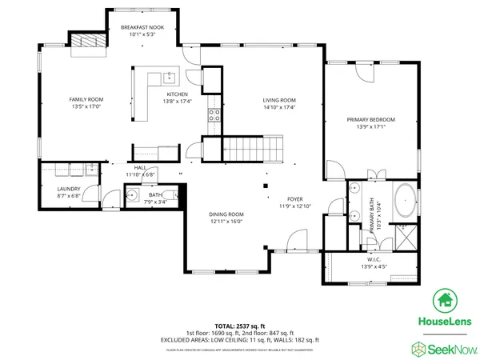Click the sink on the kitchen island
[170, 78]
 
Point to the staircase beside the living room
[253, 147]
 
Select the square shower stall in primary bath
[406, 234]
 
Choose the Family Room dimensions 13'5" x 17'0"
[87, 106]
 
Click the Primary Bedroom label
[370, 119]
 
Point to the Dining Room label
[226, 214]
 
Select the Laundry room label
[68, 189]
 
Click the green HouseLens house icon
[445, 301]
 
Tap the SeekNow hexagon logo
[418, 348]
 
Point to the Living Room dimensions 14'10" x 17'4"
[280, 106]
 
